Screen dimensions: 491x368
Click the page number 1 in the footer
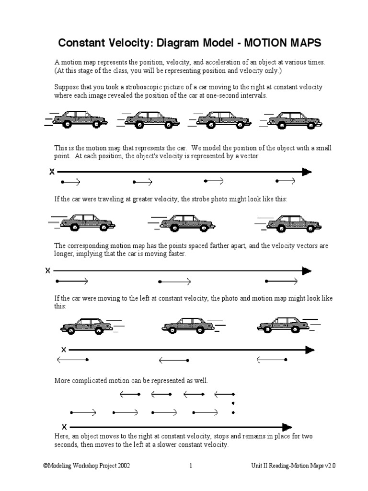tap(190, 466)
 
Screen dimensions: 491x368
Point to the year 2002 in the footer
tap(121, 466)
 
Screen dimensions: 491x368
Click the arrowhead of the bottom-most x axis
tap(287, 427)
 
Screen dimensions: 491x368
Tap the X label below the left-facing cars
tap(63, 350)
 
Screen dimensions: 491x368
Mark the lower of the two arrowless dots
tap(233, 412)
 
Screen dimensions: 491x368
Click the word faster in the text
tap(175, 254)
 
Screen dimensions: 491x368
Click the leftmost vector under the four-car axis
tap(70, 182)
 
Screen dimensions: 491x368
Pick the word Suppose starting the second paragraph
tap(66, 87)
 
